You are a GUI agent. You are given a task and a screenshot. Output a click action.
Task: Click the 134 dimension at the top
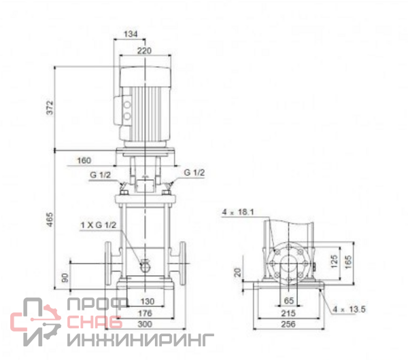tap(131, 34)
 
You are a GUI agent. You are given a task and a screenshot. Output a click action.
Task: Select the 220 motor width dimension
tap(144, 51)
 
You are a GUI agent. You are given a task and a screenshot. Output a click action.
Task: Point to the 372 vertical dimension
tap(50, 107)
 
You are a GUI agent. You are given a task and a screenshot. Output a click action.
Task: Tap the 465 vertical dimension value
tap(50, 219)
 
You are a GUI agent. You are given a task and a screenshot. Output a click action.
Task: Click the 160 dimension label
tap(84, 160)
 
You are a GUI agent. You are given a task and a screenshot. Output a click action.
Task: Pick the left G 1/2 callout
tap(100, 175)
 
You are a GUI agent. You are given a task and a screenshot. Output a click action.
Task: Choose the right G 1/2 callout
tap(194, 173)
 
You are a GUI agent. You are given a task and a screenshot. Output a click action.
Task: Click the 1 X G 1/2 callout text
tap(99, 225)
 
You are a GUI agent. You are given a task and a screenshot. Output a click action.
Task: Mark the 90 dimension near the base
tap(65, 278)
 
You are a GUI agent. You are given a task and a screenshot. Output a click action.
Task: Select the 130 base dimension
tap(148, 302)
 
